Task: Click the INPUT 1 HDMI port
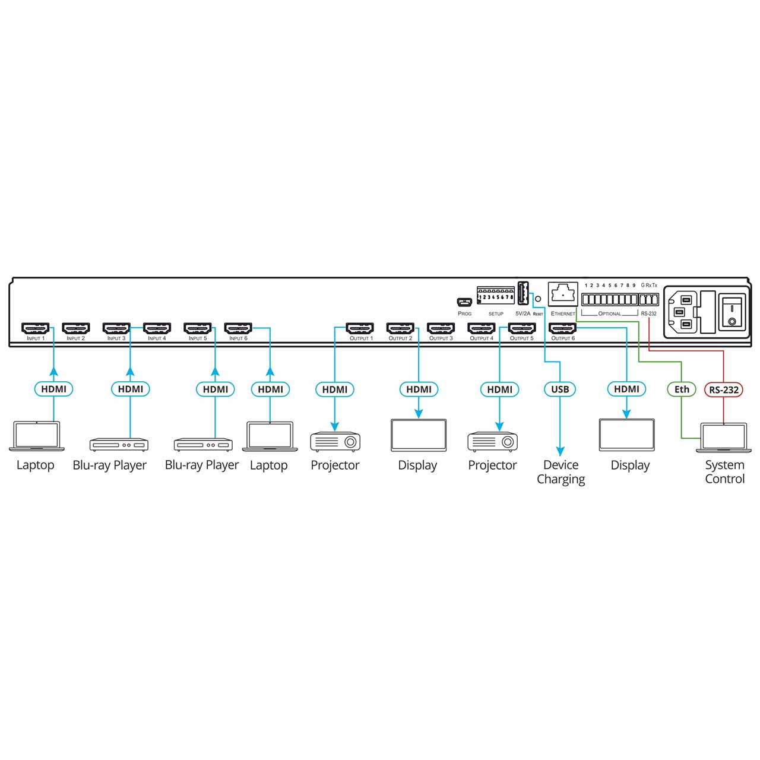coord(36,328)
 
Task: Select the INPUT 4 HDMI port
coord(157,328)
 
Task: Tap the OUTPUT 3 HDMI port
coord(441,328)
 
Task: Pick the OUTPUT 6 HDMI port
coord(563,328)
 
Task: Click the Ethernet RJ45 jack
coord(563,294)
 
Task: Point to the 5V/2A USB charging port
coord(523,293)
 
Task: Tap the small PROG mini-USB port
coord(464,302)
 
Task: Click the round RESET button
coord(538,299)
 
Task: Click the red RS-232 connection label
coord(724,389)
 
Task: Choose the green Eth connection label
coord(682,389)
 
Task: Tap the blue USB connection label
coord(560,389)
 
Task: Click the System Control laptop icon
coord(723,438)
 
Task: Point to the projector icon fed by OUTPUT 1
coord(335,442)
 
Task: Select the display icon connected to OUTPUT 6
coord(626,435)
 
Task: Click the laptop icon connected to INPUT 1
coord(36,436)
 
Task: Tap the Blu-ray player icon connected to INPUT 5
coord(203,445)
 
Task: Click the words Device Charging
coord(561,471)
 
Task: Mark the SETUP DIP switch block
coord(495,296)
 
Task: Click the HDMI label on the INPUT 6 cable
coord(270,389)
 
